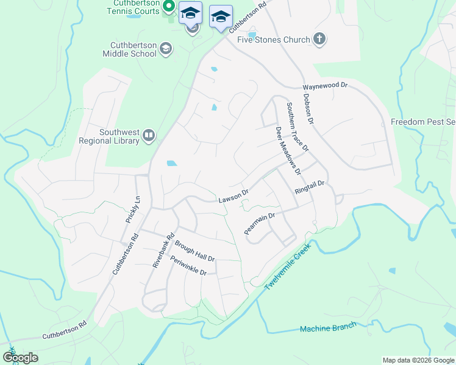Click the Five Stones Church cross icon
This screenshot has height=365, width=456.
tap(318, 40)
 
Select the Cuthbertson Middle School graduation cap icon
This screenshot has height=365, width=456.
tap(165, 49)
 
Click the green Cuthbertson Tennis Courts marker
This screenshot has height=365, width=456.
tap(171, 9)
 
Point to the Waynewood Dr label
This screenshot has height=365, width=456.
tap(325, 86)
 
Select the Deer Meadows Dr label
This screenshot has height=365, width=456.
tap(288, 151)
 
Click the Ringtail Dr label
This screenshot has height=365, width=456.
tap(311, 187)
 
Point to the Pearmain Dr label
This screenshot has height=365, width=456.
tap(260, 223)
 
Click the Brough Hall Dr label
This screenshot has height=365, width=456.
tap(194, 251)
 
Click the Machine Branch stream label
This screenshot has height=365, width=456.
tap(328, 328)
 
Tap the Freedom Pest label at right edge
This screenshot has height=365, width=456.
tap(423, 122)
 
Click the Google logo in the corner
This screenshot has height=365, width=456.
tap(20, 357)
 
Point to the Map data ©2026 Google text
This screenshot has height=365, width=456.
tap(418, 360)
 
